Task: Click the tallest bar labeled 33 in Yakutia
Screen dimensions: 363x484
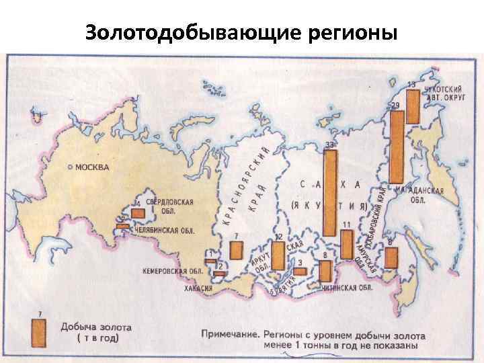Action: (330, 192)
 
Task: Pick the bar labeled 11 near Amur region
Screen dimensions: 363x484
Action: (347, 245)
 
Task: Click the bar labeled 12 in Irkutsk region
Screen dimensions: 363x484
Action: (278, 256)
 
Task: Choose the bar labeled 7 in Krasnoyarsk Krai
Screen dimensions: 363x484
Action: (235, 250)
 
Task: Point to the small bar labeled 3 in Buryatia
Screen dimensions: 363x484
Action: (300, 270)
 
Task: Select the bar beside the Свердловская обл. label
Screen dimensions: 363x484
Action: (138, 213)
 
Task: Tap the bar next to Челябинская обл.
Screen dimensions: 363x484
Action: (123, 227)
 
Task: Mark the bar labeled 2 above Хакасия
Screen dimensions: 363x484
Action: (219, 274)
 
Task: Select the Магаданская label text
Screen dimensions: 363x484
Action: (420, 191)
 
